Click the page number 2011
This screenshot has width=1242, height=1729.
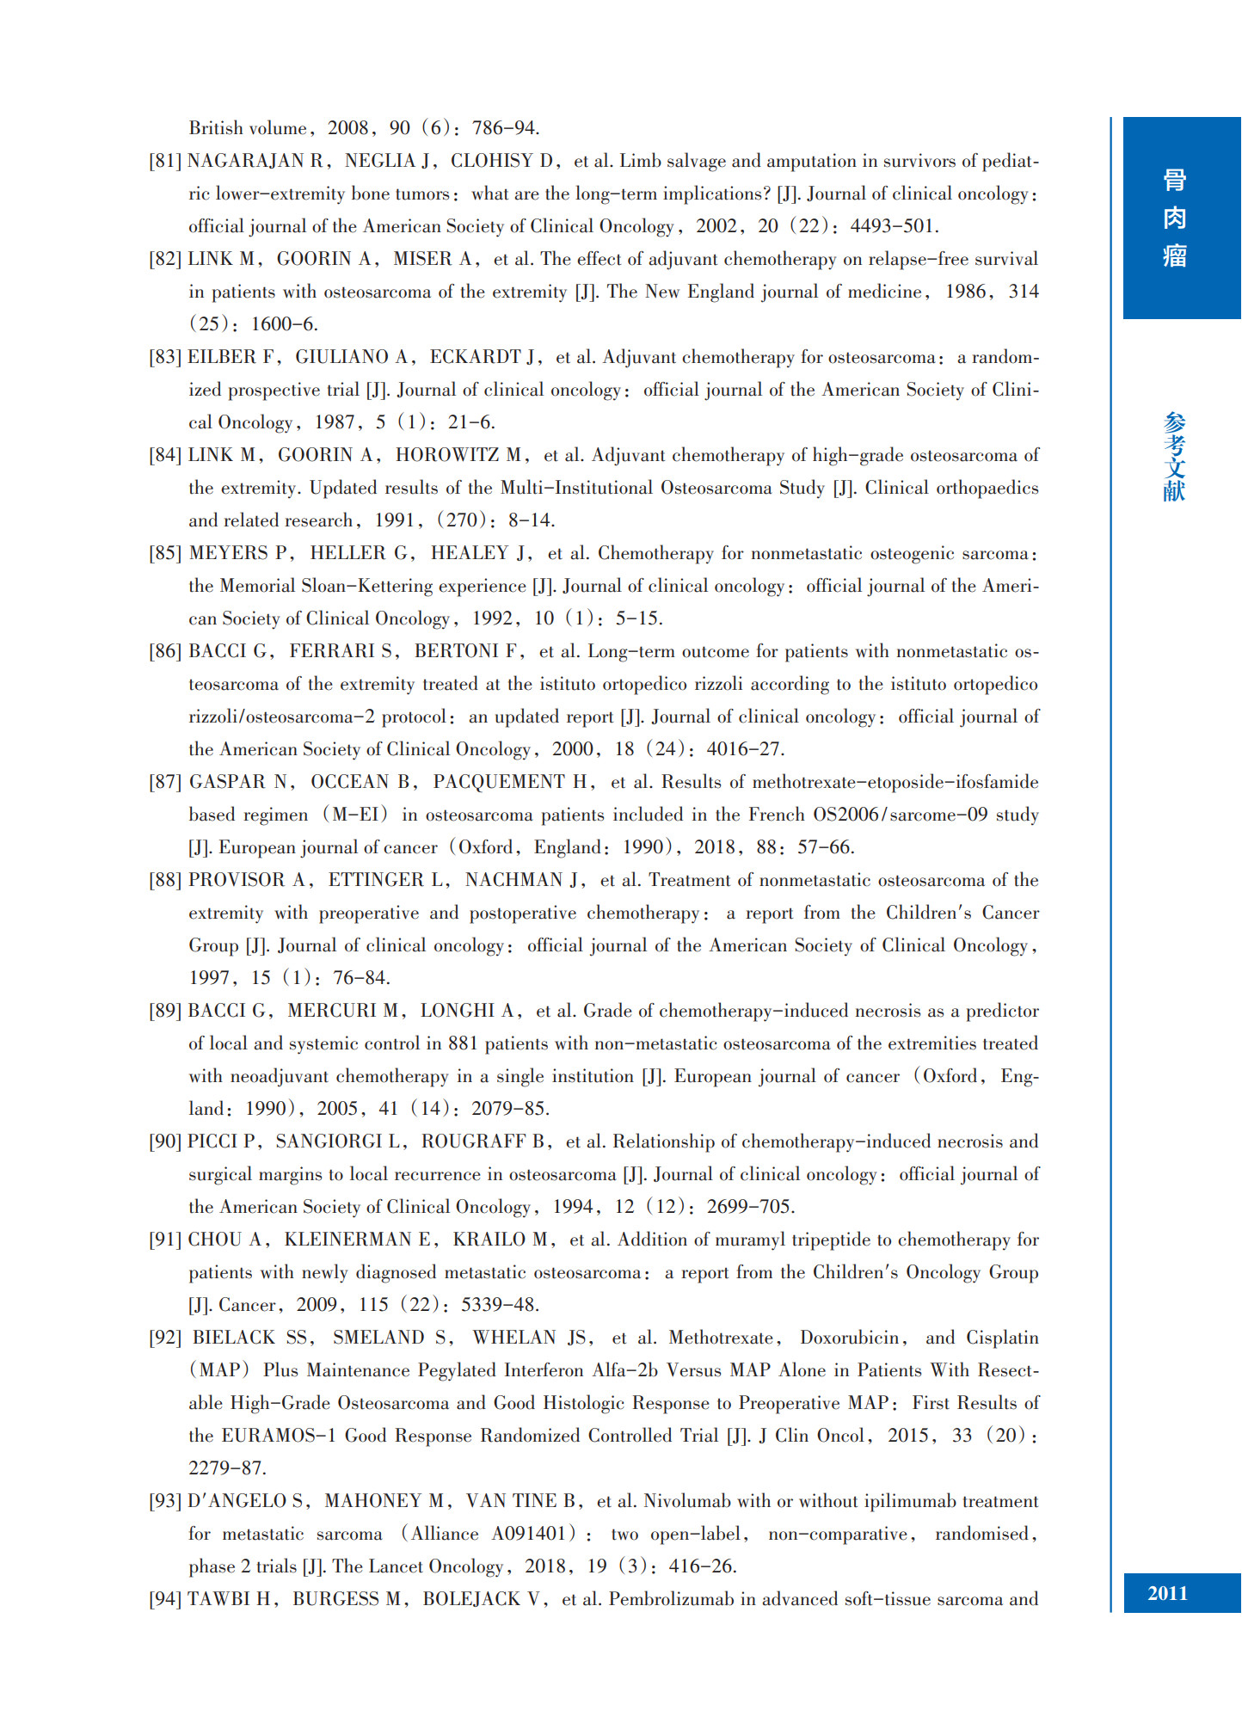pyautogui.click(x=1167, y=1593)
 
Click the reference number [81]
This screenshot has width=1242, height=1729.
pyautogui.click(x=165, y=161)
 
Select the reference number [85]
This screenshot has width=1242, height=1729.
pyautogui.click(x=165, y=553)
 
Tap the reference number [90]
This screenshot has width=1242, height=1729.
pyautogui.click(x=165, y=1141)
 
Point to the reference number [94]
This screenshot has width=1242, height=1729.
pyautogui.click(x=165, y=1599)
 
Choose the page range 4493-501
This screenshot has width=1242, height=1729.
pyautogui.click(x=892, y=226)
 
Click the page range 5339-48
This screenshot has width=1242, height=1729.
pyautogui.click(x=499, y=1305)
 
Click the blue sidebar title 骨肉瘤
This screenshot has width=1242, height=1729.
pyautogui.click(x=1174, y=218)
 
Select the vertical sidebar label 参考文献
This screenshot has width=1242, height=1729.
pyautogui.click(x=1174, y=457)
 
